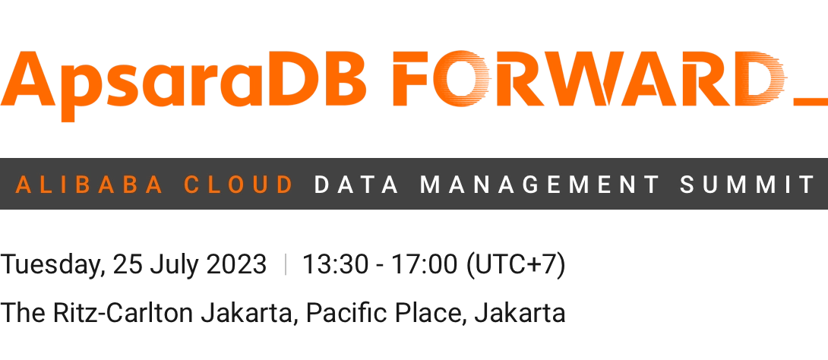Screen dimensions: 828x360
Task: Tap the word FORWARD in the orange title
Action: coord(589,78)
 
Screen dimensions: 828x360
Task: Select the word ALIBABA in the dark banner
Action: coord(89,185)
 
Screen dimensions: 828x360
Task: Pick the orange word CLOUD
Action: coord(239,185)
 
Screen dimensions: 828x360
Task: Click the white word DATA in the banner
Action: coord(357,185)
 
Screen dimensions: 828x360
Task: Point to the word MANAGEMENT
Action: coord(539,185)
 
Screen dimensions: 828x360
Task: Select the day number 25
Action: coord(128,264)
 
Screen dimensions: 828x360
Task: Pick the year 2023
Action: coord(236,264)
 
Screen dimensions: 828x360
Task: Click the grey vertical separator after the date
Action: coord(285,264)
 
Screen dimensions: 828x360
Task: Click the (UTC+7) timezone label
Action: coord(516,264)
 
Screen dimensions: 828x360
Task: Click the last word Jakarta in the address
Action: coord(520,313)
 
